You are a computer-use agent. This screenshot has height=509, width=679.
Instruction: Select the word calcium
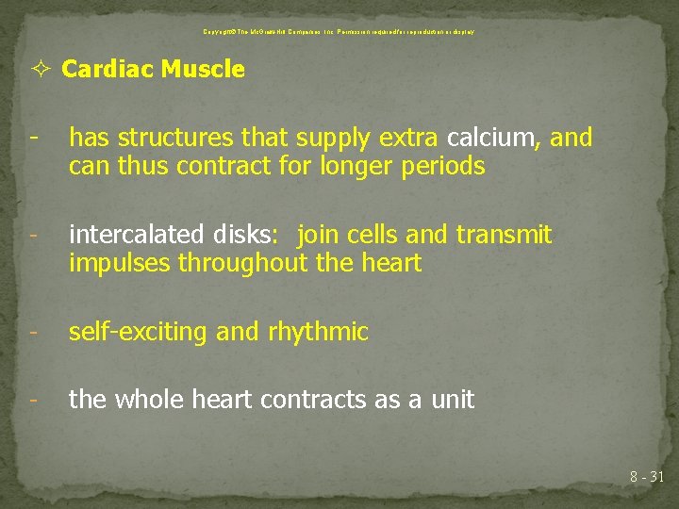tap(491, 139)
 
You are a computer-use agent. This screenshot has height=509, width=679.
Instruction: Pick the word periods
tap(448, 168)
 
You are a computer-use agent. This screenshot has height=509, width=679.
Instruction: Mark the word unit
tap(453, 400)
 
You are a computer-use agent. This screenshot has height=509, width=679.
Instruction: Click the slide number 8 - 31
tap(647, 478)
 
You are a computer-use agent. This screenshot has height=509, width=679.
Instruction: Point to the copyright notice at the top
tap(339, 32)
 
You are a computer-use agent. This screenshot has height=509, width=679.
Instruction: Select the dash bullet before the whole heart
tap(33, 400)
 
